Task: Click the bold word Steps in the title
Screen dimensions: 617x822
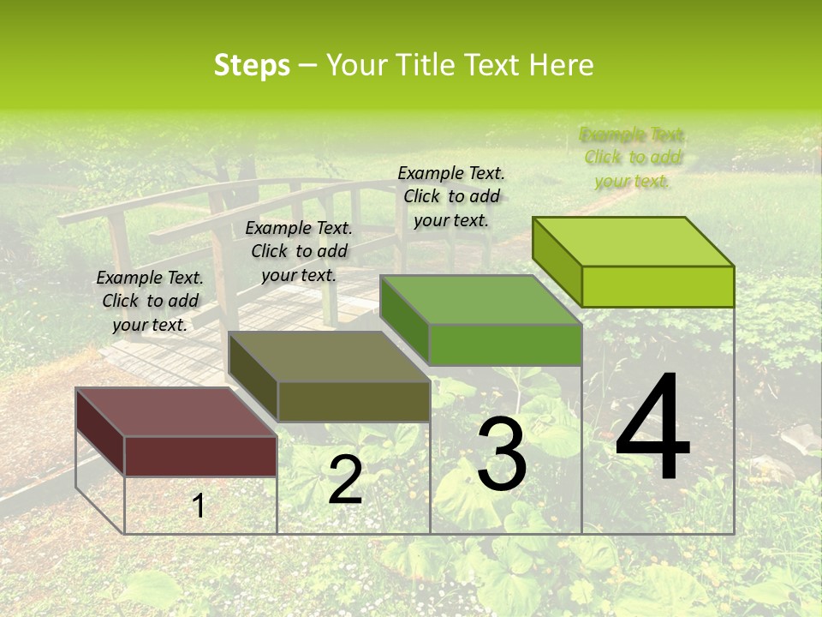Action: coord(252,65)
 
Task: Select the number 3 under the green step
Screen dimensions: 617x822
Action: coord(502,454)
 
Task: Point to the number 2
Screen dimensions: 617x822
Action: coord(345,480)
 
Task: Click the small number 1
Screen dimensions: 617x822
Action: coord(199,506)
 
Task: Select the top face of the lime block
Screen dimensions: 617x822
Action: coord(633,242)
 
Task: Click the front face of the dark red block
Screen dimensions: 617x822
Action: coord(200,456)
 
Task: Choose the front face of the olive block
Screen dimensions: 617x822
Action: coord(353,401)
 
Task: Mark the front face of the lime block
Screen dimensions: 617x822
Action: coord(658,286)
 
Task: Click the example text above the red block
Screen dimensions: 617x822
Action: coord(150,301)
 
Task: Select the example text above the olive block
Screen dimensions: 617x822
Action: coord(299,251)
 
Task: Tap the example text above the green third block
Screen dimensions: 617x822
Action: coord(451,196)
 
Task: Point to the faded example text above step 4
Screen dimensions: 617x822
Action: coord(633,157)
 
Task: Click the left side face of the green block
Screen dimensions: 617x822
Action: coord(404,319)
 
